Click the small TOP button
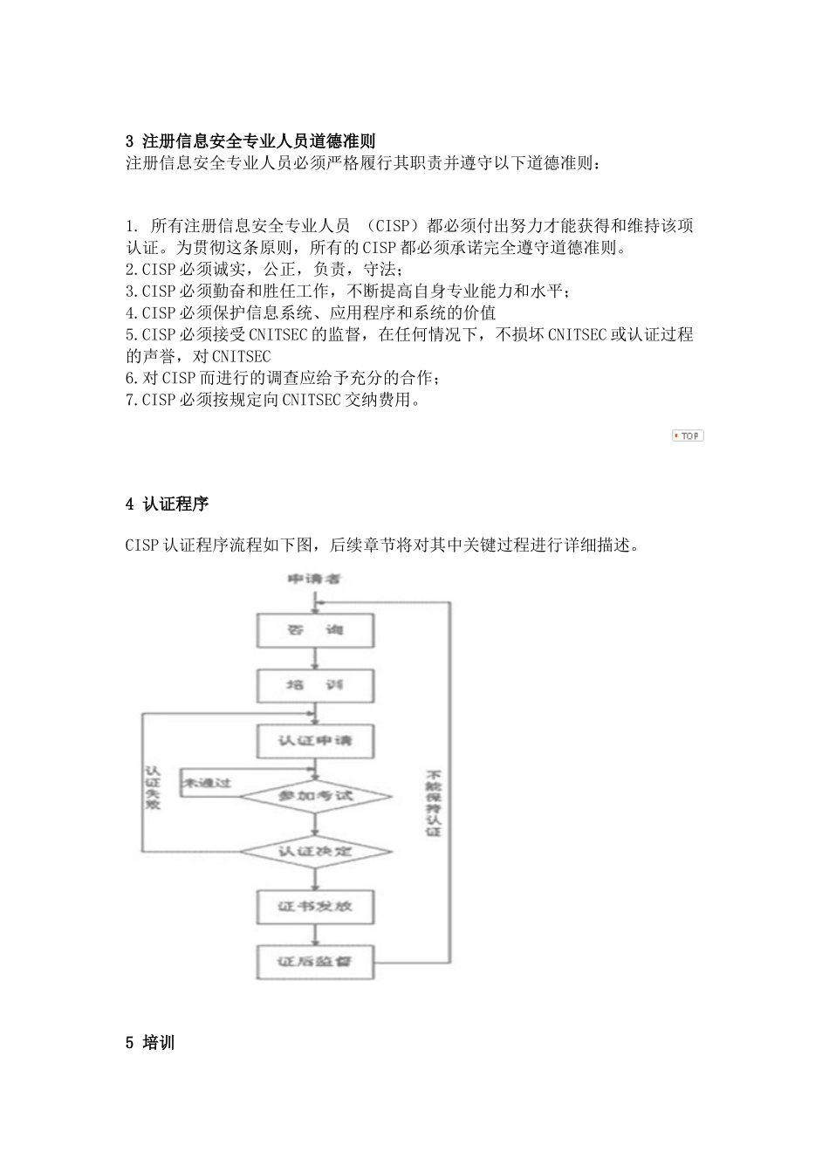[x=688, y=436]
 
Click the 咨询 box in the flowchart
[x=315, y=630]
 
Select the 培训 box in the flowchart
[x=315, y=686]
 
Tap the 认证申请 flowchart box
[x=315, y=741]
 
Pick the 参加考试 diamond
[x=315, y=796]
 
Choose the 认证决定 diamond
[x=315, y=850]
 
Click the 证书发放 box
[x=315, y=906]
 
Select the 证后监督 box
[x=315, y=962]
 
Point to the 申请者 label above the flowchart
[x=314, y=580]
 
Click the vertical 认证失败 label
[x=154, y=787]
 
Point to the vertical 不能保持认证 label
[x=434, y=803]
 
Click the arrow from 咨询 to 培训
[x=315, y=659]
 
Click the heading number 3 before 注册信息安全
[x=130, y=141]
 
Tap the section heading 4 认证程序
[x=168, y=504]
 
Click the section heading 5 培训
[x=150, y=1042]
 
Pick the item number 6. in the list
[x=132, y=379]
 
